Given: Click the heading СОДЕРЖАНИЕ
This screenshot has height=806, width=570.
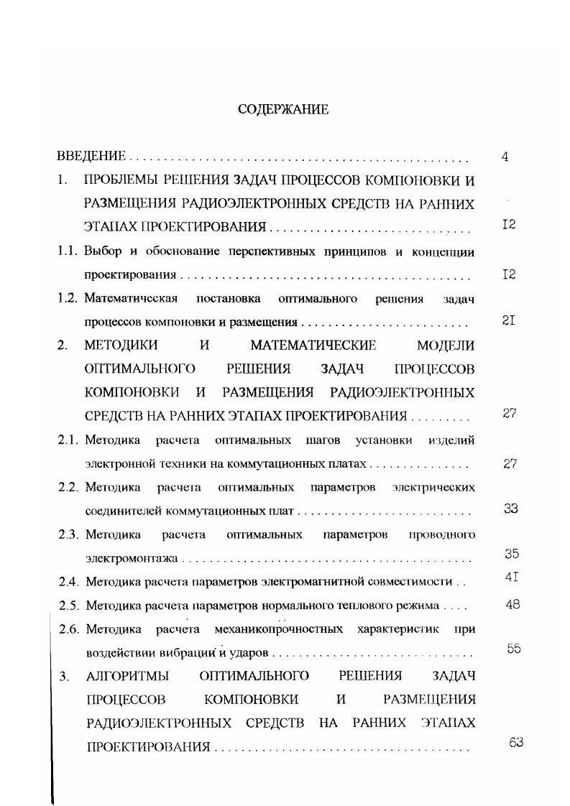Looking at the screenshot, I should (282, 109).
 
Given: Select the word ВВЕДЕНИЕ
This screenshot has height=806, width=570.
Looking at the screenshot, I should (92, 156).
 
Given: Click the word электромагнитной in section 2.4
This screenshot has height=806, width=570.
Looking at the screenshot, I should (308, 582).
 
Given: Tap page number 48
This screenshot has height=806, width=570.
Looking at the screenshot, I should (512, 604).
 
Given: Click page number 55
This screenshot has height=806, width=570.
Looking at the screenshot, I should (513, 649).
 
